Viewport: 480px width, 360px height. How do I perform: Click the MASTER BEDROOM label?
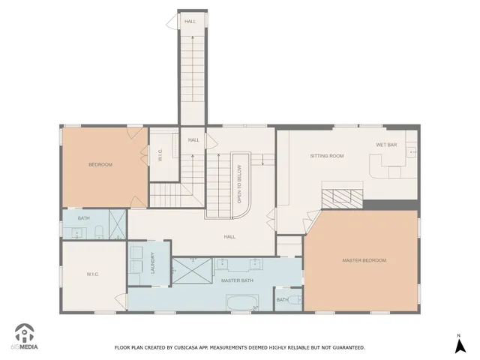[x=364, y=260]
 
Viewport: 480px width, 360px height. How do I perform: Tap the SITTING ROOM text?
[x=327, y=156]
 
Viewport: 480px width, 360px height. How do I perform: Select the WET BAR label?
[x=386, y=144]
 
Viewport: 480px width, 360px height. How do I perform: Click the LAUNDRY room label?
[x=152, y=262]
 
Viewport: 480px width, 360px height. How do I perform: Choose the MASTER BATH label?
[x=237, y=280]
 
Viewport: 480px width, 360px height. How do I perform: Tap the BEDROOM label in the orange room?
[x=100, y=164]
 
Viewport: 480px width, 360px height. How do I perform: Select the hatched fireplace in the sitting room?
[x=342, y=199]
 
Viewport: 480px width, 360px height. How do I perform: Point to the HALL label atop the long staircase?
[x=190, y=21]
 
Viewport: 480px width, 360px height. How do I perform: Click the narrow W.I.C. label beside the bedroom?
[x=160, y=155]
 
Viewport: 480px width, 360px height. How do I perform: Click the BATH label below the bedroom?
[x=83, y=218]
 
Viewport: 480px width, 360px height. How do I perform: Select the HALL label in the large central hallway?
[x=229, y=236]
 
